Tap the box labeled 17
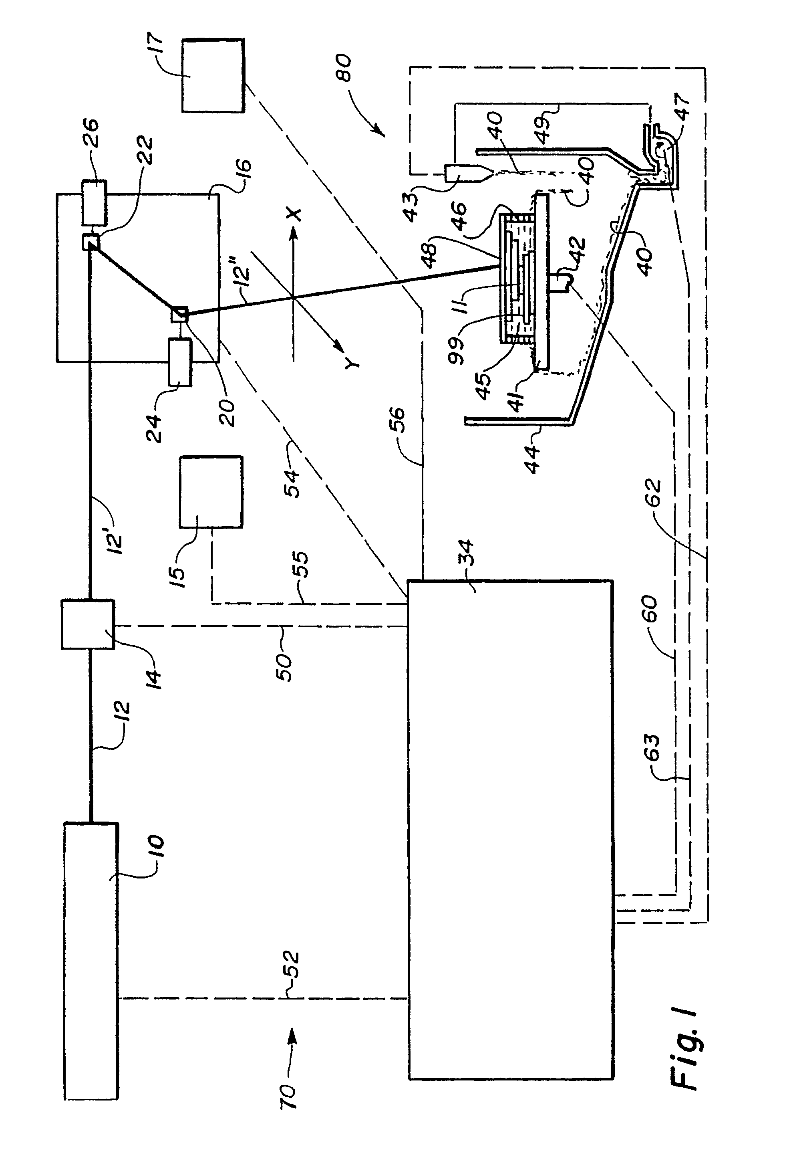pos(213,75)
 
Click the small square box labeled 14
pos(88,624)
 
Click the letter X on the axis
pos(294,214)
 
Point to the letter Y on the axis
pos(352,363)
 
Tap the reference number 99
pos(457,350)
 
